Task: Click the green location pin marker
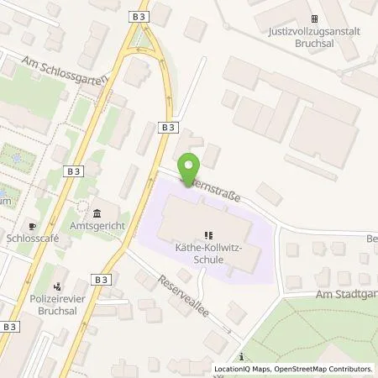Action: (x=188, y=166)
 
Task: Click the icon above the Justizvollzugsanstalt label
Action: (x=315, y=19)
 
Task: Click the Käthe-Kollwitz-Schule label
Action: (x=208, y=255)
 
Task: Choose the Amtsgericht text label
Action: (x=95, y=228)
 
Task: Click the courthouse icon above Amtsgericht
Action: (x=96, y=212)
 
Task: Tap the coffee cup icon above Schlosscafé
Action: (x=32, y=226)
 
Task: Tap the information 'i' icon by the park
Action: (x=241, y=357)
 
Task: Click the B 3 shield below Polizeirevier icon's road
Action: (x=11, y=325)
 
